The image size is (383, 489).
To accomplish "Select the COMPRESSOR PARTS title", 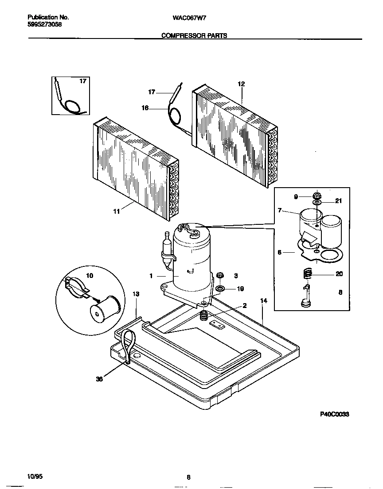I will point(194,36).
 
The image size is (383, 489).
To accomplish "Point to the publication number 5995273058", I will point(45,25).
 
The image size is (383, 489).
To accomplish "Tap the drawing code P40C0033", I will point(335,415).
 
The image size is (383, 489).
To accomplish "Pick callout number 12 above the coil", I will point(241,84).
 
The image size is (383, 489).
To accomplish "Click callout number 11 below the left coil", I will point(116,212).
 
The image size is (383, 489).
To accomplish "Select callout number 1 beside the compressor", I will point(151,275).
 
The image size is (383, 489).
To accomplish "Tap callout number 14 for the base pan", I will point(264,300).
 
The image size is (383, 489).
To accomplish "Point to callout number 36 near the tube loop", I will point(100,379).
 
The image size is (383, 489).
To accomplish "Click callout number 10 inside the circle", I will point(90,276).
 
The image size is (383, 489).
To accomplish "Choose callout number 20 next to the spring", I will point(339,274).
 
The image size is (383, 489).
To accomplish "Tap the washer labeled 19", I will point(219,289).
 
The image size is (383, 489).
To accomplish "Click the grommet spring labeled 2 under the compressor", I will point(204,316).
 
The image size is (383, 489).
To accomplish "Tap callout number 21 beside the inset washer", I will point(339,201).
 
